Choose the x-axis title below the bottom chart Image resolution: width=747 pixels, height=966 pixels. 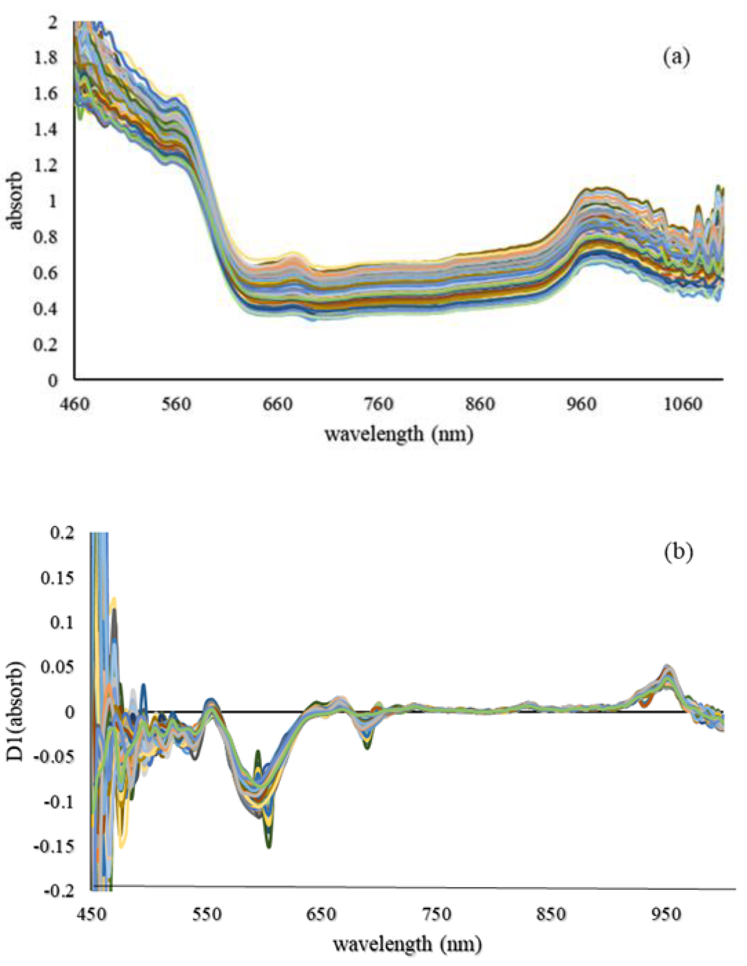tap(407, 944)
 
